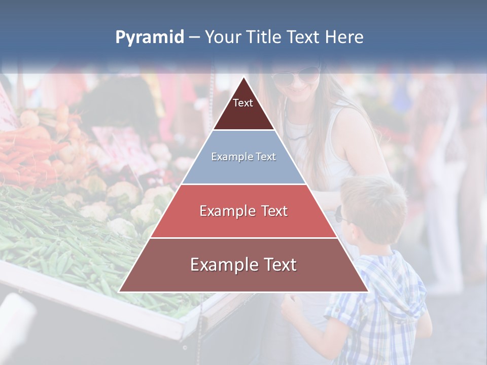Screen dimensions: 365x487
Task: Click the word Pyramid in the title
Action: (149, 38)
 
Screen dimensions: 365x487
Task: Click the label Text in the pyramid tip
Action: (243, 103)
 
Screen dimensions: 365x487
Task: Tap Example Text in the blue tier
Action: (243, 157)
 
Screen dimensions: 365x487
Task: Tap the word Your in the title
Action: (222, 38)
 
